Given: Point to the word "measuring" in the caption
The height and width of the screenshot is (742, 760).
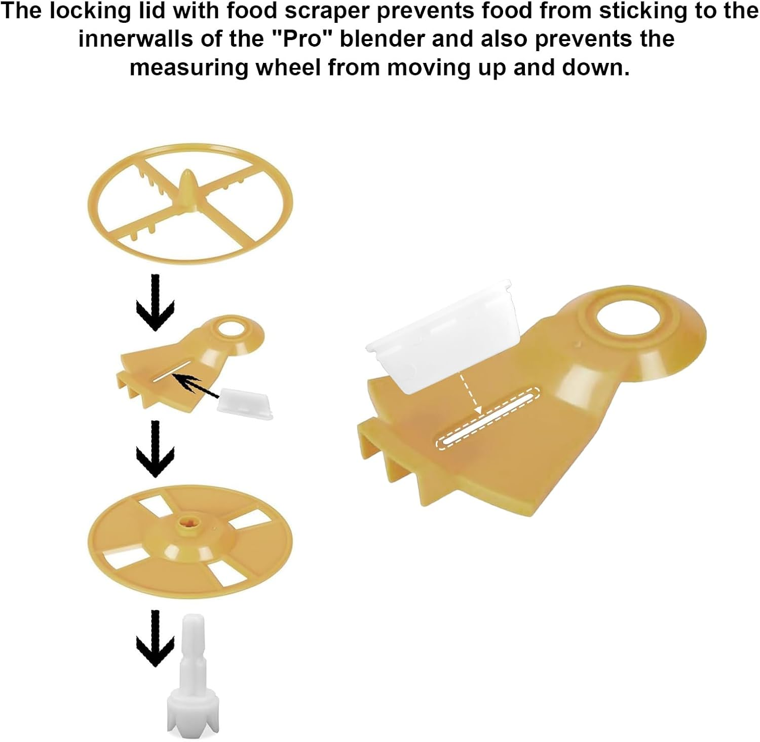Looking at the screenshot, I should [x=188, y=67].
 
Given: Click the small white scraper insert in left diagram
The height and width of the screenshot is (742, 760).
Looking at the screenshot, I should [x=245, y=403].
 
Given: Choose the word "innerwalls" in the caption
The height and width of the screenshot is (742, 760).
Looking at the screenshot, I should [x=135, y=39].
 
